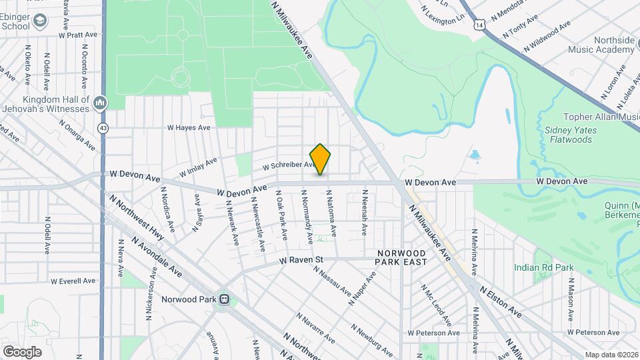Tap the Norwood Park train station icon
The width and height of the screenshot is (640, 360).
click(225, 299)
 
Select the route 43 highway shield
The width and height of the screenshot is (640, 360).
click(102, 127)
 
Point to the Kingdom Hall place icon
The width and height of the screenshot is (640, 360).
click(100, 103)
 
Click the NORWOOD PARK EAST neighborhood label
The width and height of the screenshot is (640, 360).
click(401, 258)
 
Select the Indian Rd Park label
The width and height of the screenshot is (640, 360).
click(543, 267)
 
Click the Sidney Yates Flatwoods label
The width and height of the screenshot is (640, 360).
click(569, 135)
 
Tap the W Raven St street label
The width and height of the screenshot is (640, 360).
click(301, 259)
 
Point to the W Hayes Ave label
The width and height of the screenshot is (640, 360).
click(189, 127)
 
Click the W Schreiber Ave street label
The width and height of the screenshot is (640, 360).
click(288, 166)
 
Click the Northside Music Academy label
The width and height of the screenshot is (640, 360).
click(601, 45)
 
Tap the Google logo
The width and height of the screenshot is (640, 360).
click(22, 351)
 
